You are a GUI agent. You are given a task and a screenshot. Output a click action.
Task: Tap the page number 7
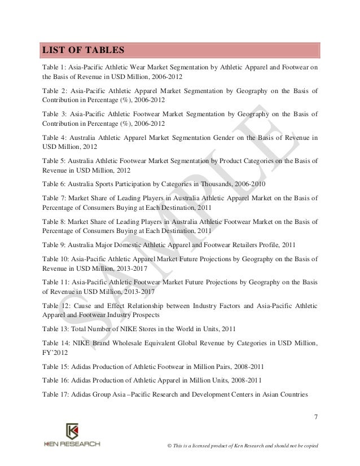tap(315, 417)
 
